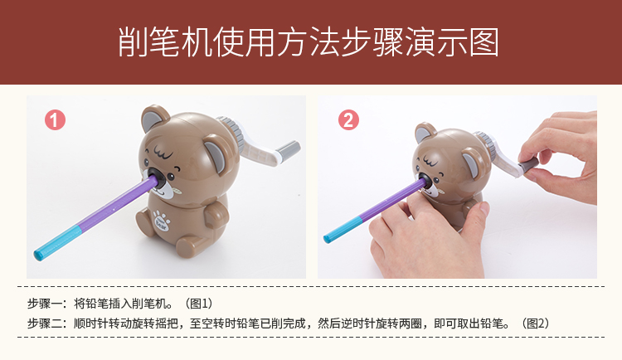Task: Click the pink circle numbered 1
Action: pyautogui.click(x=55, y=120)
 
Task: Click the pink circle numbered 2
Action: pyautogui.click(x=348, y=120)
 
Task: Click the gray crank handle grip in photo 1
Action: pyautogui.click(x=288, y=148)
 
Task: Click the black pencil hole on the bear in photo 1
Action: pyautogui.click(x=157, y=178)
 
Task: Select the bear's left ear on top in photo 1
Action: pyautogui.click(x=155, y=117)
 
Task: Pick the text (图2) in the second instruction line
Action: pyautogui.click(x=535, y=324)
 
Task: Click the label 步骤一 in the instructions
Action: pyautogui.click(x=45, y=304)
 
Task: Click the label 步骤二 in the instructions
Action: pyautogui.click(x=45, y=324)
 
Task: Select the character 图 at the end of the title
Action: pyautogui.click(x=484, y=42)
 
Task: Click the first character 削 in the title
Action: pyautogui.click(x=134, y=42)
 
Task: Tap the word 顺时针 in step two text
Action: pyautogui.click(x=91, y=324)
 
